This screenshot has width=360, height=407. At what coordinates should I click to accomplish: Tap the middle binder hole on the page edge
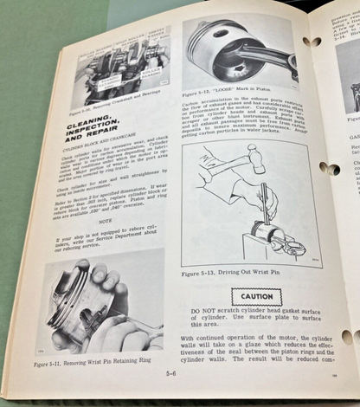pos(328,168)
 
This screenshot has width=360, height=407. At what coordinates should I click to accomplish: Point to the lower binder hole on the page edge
pos(347,336)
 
